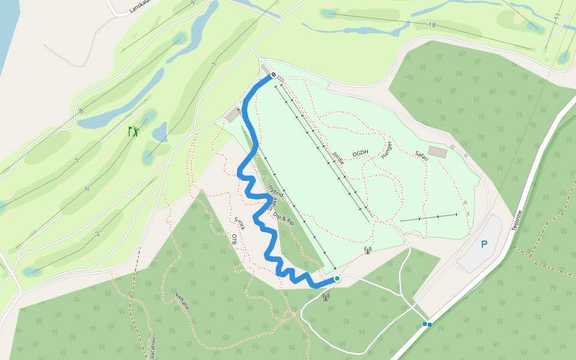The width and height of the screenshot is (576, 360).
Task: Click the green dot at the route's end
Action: (337, 278)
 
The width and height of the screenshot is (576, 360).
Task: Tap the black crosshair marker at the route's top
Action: (274, 75)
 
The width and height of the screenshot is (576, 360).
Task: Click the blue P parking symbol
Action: (484, 244)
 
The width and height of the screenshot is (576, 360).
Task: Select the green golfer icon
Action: (133, 131)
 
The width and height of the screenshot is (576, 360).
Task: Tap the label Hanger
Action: (386, 150)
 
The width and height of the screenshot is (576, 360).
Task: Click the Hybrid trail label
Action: (275, 191)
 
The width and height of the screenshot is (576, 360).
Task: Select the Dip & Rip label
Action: (283, 217)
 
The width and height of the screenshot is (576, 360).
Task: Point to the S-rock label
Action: (240, 223)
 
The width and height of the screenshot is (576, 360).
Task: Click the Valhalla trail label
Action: (182, 301)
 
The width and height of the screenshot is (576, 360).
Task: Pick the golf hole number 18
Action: (432, 25)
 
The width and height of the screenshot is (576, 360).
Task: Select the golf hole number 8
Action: (82, 111)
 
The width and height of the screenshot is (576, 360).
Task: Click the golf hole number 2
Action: (97, 233)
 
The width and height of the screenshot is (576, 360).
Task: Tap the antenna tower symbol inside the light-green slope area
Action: (367, 250)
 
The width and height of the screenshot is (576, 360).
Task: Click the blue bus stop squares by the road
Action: (427, 324)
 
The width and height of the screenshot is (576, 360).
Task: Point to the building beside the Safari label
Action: (437, 152)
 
